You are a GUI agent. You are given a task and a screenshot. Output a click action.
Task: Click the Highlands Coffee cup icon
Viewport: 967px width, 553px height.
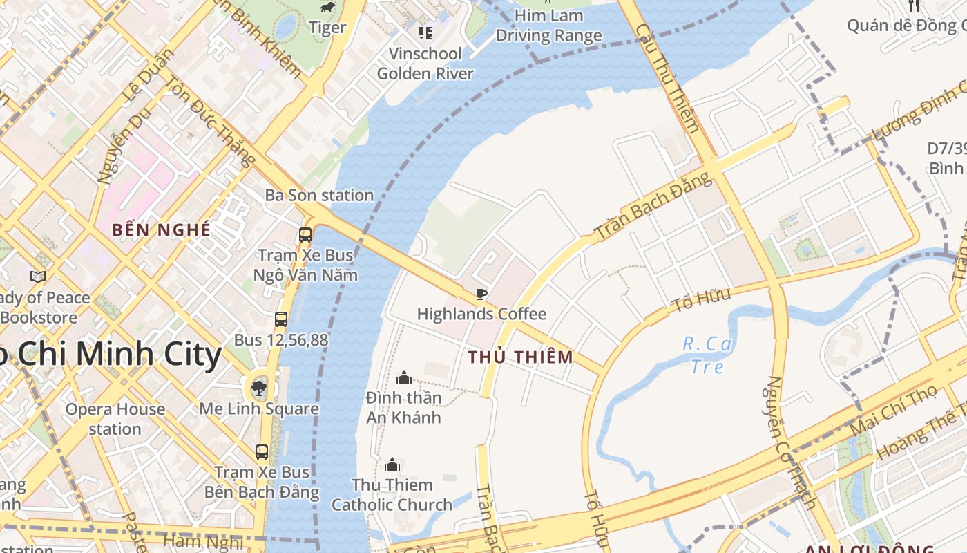click(x=481, y=294)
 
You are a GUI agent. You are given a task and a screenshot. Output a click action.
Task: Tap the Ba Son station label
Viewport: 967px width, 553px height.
click(x=319, y=195)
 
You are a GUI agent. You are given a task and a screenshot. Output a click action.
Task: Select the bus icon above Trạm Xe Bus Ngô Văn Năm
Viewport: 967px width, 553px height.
click(x=305, y=235)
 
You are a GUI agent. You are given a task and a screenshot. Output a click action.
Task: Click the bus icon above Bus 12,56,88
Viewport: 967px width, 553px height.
click(x=280, y=319)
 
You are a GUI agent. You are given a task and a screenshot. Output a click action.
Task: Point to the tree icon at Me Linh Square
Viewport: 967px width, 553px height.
click(x=259, y=388)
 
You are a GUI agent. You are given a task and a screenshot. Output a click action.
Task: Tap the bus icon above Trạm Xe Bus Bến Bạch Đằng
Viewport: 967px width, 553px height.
click(x=262, y=452)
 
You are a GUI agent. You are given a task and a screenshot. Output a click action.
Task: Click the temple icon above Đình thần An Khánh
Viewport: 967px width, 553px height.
click(x=404, y=377)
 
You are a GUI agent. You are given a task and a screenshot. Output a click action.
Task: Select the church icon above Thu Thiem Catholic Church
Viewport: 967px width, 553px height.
click(x=392, y=465)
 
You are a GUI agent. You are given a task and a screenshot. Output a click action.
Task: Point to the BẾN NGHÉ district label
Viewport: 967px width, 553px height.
click(x=161, y=230)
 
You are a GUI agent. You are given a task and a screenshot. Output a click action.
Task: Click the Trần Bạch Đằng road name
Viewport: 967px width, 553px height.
click(x=653, y=206)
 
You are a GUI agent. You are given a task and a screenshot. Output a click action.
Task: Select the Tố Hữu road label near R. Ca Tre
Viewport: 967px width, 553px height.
click(x=701, y=299)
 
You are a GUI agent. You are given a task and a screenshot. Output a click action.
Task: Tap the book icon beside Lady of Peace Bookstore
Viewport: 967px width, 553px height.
click(x=38, y=276)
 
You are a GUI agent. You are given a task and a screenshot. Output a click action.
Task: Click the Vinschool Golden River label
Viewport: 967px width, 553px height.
click(x=425, y=64)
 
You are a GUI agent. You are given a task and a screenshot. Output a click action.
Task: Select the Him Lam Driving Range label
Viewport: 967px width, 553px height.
click(x=548, y=26)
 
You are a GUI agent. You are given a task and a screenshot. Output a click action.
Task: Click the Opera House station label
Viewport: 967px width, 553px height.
click(x=115, y=419)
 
